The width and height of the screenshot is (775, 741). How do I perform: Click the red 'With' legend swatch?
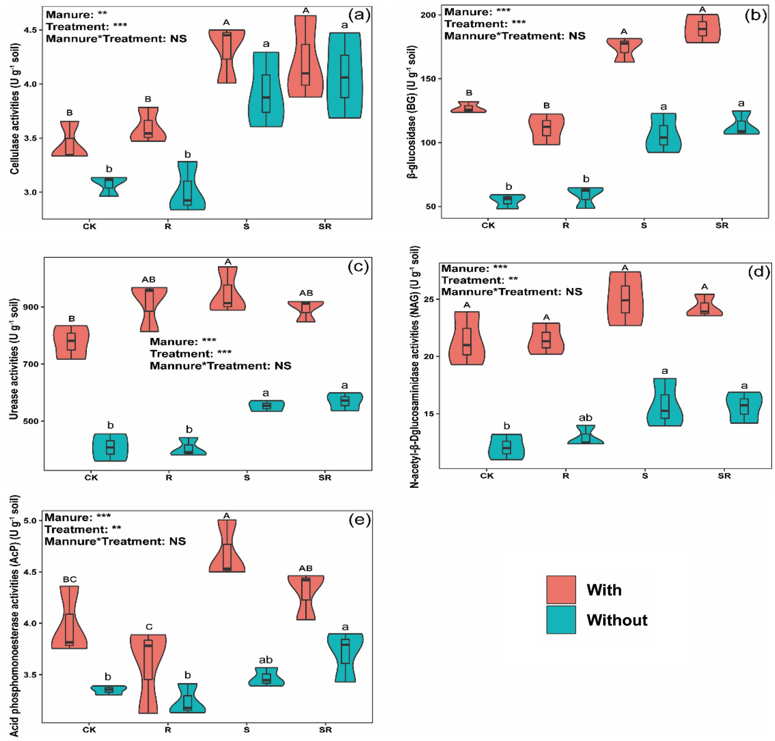pos(561,589)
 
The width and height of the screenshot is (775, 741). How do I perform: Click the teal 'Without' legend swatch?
pos(561,619)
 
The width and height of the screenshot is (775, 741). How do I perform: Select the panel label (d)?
pos(758,272)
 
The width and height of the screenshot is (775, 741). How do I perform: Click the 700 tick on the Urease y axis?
pos(32,364)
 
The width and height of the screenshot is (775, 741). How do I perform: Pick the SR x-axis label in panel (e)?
pos(325,730)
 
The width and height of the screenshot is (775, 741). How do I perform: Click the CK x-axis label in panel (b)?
pos(488,225)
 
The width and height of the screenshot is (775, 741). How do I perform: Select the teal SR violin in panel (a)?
pos(345,76)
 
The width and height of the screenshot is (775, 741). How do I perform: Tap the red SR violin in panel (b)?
pos(702,29)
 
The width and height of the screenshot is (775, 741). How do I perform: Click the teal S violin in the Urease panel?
pos(266,406)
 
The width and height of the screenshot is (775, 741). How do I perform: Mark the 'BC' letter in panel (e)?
pos(70,579)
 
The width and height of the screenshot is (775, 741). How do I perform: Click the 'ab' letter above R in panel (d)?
pos(585,418)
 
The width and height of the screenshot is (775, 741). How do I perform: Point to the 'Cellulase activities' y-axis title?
pos(15,109)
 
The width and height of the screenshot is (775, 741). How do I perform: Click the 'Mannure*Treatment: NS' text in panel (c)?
pos(220,366)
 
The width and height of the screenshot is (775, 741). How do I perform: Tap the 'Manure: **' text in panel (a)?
pos(76,15)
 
